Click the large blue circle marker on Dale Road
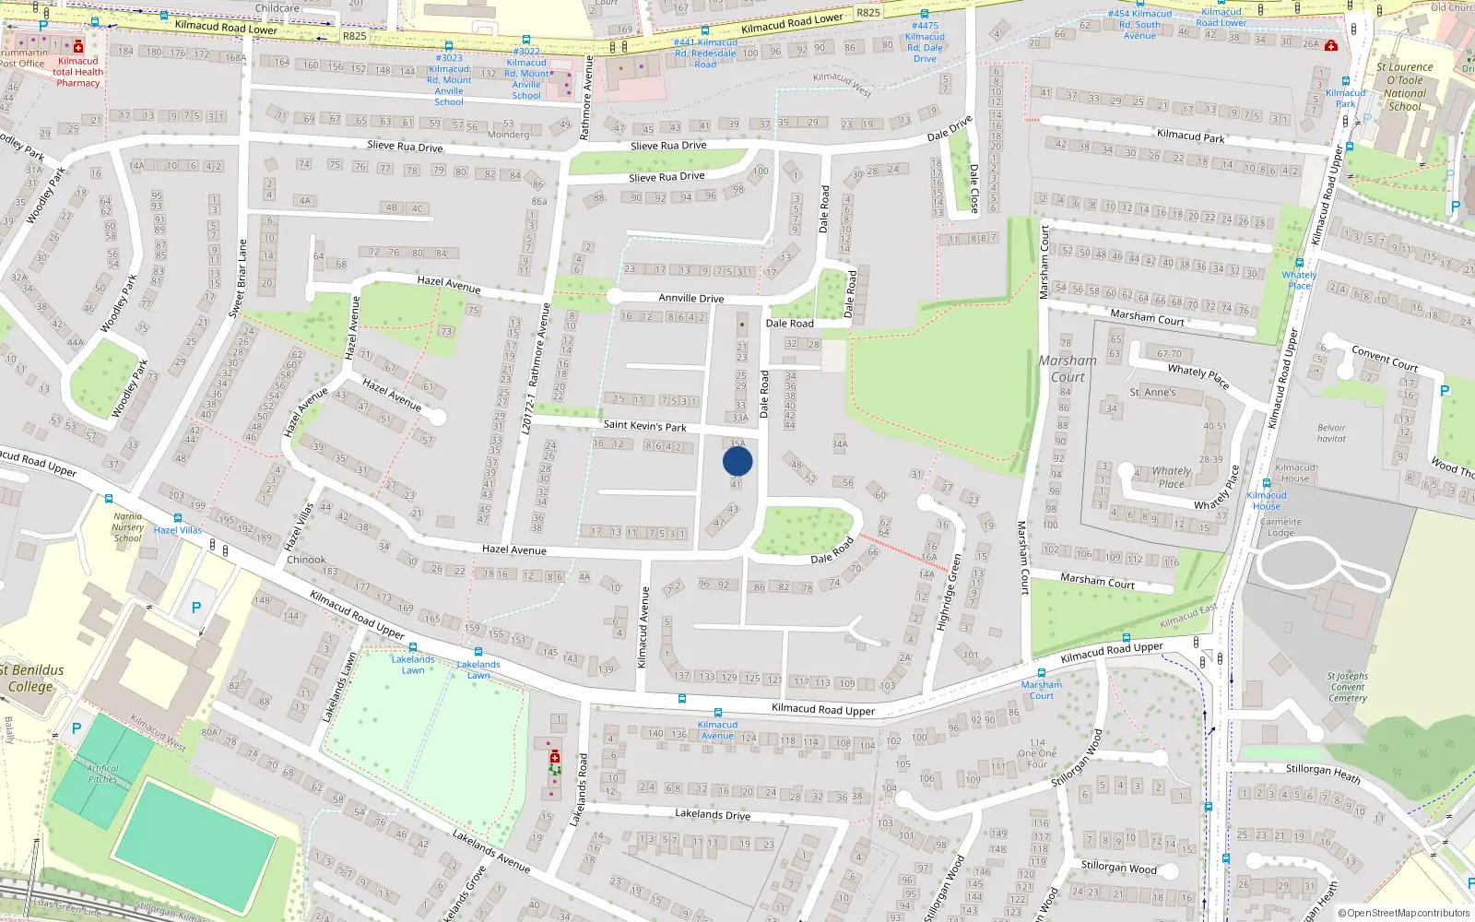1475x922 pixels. click(737, 461)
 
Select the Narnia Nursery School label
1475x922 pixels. click(128, 527)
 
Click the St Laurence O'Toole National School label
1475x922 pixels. click(1404, 87)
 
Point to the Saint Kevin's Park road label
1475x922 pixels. click(644, 426)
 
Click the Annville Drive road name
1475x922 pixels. click(690, 298)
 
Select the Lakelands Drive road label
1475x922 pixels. click(712, 814)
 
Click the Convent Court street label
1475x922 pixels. click(1384, 358)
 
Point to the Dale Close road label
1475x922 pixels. click(973, 188)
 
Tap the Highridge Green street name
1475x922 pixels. click(949, 593)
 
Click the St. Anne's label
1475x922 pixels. click(1152, 392)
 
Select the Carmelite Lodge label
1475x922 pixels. click(1280, 527)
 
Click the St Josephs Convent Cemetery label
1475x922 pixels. click(1347, 687)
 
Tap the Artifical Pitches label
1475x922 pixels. click(102, 774)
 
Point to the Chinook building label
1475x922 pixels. click(306, 560)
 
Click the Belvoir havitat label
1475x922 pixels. click(1331, 433)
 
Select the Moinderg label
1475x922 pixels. click(508, 135)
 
